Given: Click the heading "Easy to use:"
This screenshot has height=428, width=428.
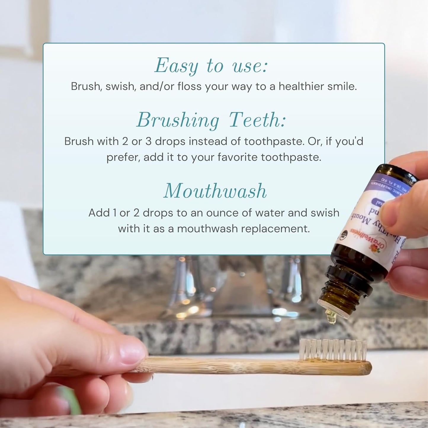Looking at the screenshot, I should point(211,66).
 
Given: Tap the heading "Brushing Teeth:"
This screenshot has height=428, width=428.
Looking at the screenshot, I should point(211,120).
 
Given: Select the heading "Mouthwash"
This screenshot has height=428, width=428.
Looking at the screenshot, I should point(215,191).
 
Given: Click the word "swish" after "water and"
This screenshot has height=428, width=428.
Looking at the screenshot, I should point(325,213).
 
